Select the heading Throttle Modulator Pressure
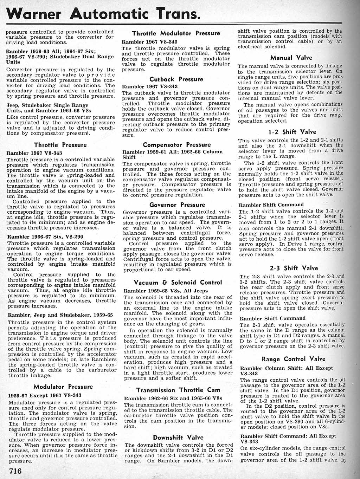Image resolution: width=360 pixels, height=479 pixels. point(176,33)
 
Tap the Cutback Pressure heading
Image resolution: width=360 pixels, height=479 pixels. point(176,79)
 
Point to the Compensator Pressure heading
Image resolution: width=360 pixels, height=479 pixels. point(176,145)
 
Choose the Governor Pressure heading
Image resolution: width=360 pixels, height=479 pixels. point(177,205)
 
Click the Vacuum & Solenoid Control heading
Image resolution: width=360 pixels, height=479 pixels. point(178,283)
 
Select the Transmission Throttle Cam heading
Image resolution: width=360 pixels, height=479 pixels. point(178,390)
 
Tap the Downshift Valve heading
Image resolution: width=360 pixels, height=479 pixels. point(178,438)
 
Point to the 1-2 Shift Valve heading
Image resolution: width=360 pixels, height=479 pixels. point(292,132)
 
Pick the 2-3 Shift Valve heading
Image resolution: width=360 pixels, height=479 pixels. point(294,268)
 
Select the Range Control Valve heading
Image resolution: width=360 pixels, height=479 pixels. point(293,359)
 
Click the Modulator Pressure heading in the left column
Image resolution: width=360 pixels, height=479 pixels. point(63,387)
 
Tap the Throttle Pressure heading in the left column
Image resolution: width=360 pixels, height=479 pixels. point(60,145)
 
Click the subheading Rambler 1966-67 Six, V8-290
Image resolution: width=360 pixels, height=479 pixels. point(45,237)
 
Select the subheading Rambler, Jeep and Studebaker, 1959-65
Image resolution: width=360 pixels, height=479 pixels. point(60,315)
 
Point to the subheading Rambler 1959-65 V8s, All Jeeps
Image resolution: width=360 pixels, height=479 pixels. point(166,291)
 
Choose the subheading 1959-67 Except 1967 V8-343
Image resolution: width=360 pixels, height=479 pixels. point(45,395)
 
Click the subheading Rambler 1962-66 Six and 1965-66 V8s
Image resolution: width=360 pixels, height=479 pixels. point(173,398)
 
